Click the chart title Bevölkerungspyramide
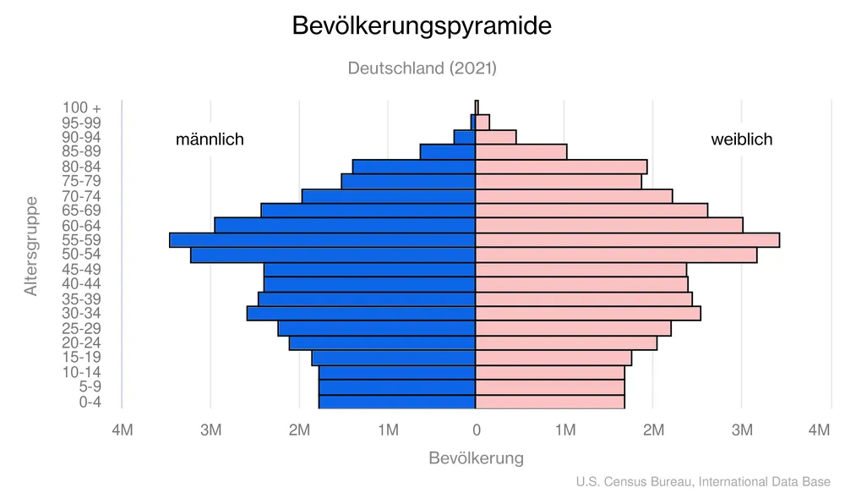point(422,25)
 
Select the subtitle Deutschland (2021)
point(422,68)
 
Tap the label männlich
point(210,140)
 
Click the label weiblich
point(741,140)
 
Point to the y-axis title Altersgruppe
point(31,246)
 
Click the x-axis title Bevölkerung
point(476,458)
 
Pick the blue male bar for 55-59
point(322,240)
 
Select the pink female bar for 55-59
point(627,240)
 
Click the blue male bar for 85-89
point(448,151)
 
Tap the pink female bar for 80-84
point(561,167)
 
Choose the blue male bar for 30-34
point(361,314)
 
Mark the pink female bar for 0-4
point(550,402)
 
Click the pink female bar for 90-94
point(496,137)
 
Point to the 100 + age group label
point(81,107)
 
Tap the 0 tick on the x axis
point(476,431)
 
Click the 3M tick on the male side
point(210,431)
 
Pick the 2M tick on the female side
point(653,431)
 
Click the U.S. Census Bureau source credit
point(703,481)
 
